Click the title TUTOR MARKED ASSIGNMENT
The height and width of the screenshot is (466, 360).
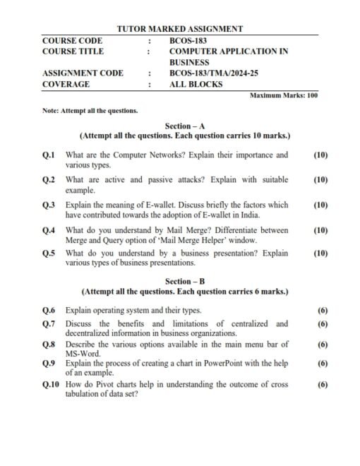(x=179, y=29)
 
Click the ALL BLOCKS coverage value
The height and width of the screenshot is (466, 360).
(x=196, y=84)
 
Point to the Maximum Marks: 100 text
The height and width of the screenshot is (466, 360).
(x=284, y=95)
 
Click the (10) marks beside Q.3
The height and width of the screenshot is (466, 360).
(x=320, y=205)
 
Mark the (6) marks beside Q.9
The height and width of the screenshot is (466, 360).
(x=323, y=364)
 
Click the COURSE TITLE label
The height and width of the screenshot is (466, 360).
(x=73, y=52)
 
